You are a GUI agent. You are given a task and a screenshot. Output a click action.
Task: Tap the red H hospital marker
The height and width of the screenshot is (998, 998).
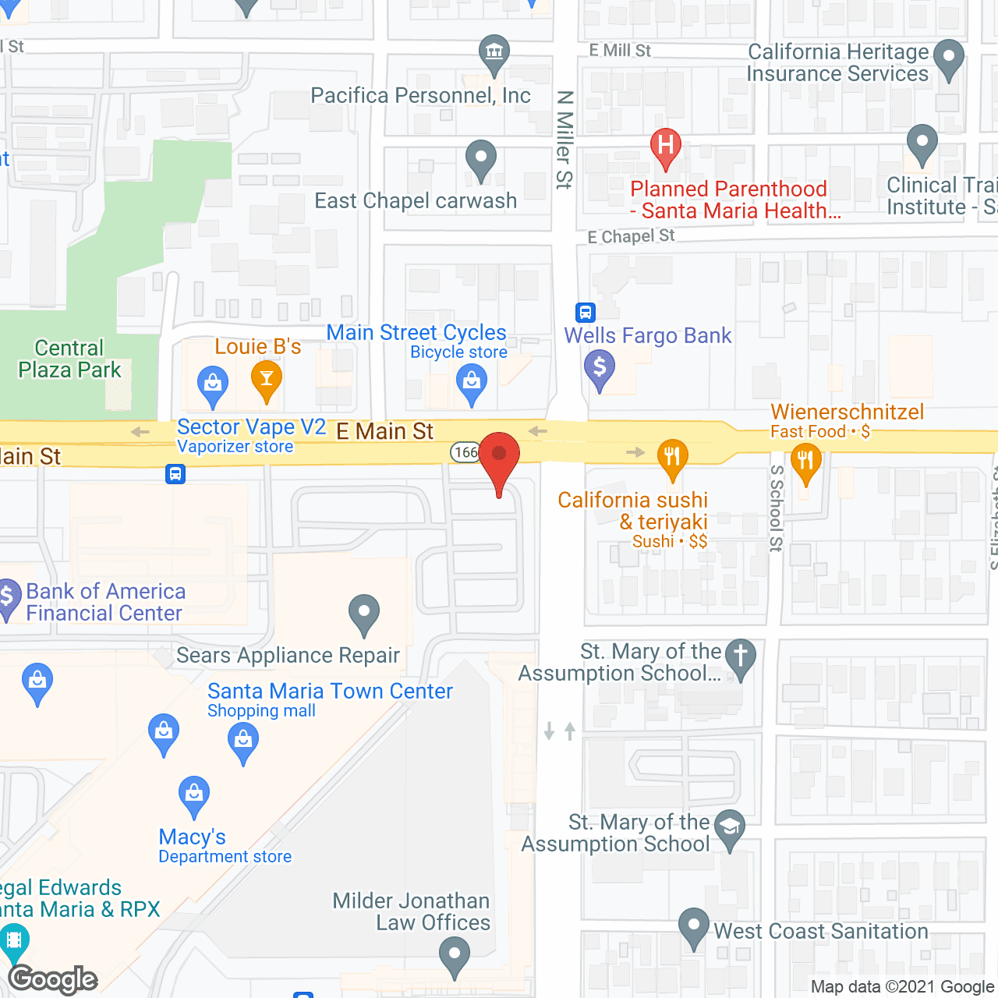pyautogui.click(x=666, y=147)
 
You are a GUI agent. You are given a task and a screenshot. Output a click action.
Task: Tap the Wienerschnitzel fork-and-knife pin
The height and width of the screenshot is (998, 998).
pyautogui.click(x=805, y=462)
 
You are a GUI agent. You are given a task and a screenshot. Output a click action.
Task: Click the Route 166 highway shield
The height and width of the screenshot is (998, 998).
pyautogui.click(x=465, y=452)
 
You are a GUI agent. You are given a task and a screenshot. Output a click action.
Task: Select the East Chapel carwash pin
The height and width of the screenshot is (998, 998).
pyautogui.click(x=481, y=160)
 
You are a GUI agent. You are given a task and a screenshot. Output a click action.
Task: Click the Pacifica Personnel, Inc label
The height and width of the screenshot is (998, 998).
pyautogui.click(x=420, y=96)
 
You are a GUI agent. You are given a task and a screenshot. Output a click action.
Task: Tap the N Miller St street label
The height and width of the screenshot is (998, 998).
pyautogui.click(x=564, y=140)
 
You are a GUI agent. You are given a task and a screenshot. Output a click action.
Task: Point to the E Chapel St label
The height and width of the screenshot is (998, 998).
pyautogui.click(x=631, y=236)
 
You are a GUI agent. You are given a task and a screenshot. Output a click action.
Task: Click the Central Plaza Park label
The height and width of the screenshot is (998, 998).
pyautogui.click(x=69, y=359)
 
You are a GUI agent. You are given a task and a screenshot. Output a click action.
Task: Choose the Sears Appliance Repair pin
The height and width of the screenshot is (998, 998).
pyautogui.click(x=363, y=614)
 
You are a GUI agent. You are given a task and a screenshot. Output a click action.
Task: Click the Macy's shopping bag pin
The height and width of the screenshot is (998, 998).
pyautogui.click(x=194, y=796)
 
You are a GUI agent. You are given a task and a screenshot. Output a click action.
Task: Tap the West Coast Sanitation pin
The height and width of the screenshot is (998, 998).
pyautogui.click(x=693, y=927)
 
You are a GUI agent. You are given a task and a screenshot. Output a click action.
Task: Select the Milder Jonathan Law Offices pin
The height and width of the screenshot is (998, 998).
pyautogui.click(x=454, y=956)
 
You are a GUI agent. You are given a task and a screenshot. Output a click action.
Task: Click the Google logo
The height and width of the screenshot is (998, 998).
pyautogui.click(x=53, y=979)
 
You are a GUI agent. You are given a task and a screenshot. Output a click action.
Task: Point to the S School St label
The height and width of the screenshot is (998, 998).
pyautogui.click(x=777, y=508)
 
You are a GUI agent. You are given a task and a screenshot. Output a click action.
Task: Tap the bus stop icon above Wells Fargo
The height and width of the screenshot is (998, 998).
pyautogui.click(x=586, y=313)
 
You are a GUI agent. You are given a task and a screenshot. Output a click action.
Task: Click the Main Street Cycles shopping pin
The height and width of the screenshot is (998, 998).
pyautogui.click(x=472, y=384)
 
